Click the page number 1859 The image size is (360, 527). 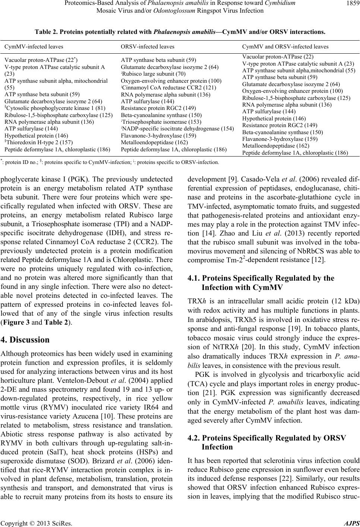point(350,3)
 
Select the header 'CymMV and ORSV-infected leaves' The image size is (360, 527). point(285,47)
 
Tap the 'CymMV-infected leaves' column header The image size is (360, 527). point(34,47)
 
